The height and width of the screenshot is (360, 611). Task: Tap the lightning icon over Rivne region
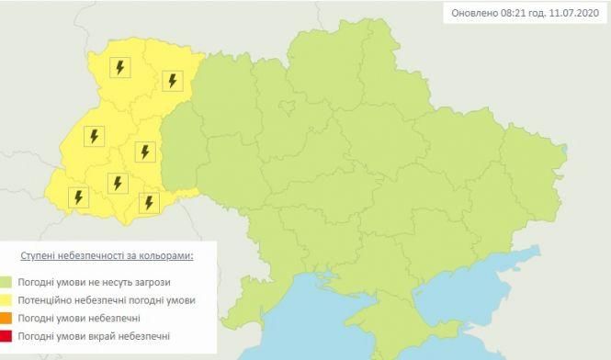[171, 81]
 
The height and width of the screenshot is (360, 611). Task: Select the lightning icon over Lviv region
[93, 137]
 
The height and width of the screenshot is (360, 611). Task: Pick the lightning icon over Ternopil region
[144, 151]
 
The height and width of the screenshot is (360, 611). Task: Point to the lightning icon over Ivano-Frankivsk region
[117, 183]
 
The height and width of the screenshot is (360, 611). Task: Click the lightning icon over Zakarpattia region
[78, 197]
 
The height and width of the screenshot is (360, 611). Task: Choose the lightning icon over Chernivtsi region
[148, 201]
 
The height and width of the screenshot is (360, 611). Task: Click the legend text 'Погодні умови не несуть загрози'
[97, 282]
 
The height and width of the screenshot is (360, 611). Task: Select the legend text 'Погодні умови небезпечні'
[82, 318]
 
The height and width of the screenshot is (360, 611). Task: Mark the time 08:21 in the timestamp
[519, 13]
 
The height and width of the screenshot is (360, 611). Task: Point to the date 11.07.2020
[578, 13]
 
